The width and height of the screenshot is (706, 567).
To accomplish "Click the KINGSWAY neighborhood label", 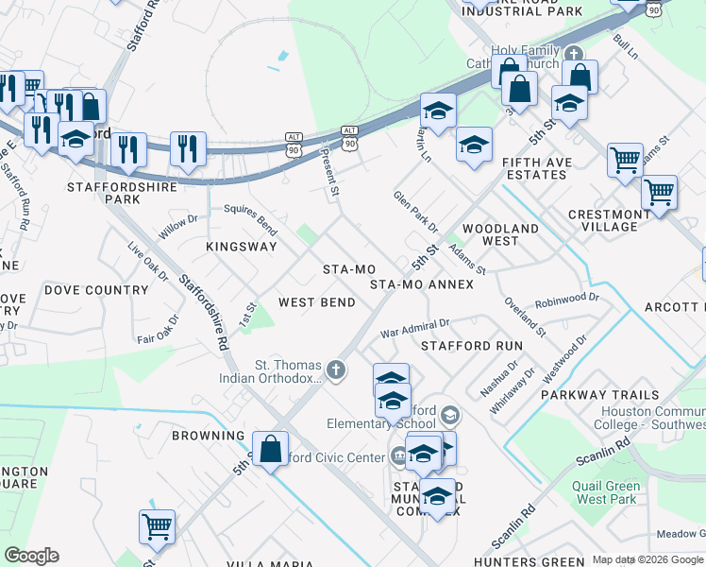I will [242, 247].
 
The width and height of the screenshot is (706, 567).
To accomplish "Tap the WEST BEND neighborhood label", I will [317, 302].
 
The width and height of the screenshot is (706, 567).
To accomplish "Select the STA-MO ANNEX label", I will [421, 283].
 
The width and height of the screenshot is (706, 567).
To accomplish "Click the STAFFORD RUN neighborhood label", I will [471, 346].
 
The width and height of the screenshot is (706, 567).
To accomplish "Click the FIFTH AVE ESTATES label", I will [537, 168].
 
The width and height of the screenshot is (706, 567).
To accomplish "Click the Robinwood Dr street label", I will [566, 301].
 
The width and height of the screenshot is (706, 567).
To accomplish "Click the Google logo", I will [31, 556].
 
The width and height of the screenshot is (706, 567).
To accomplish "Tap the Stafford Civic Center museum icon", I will [398, 457].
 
